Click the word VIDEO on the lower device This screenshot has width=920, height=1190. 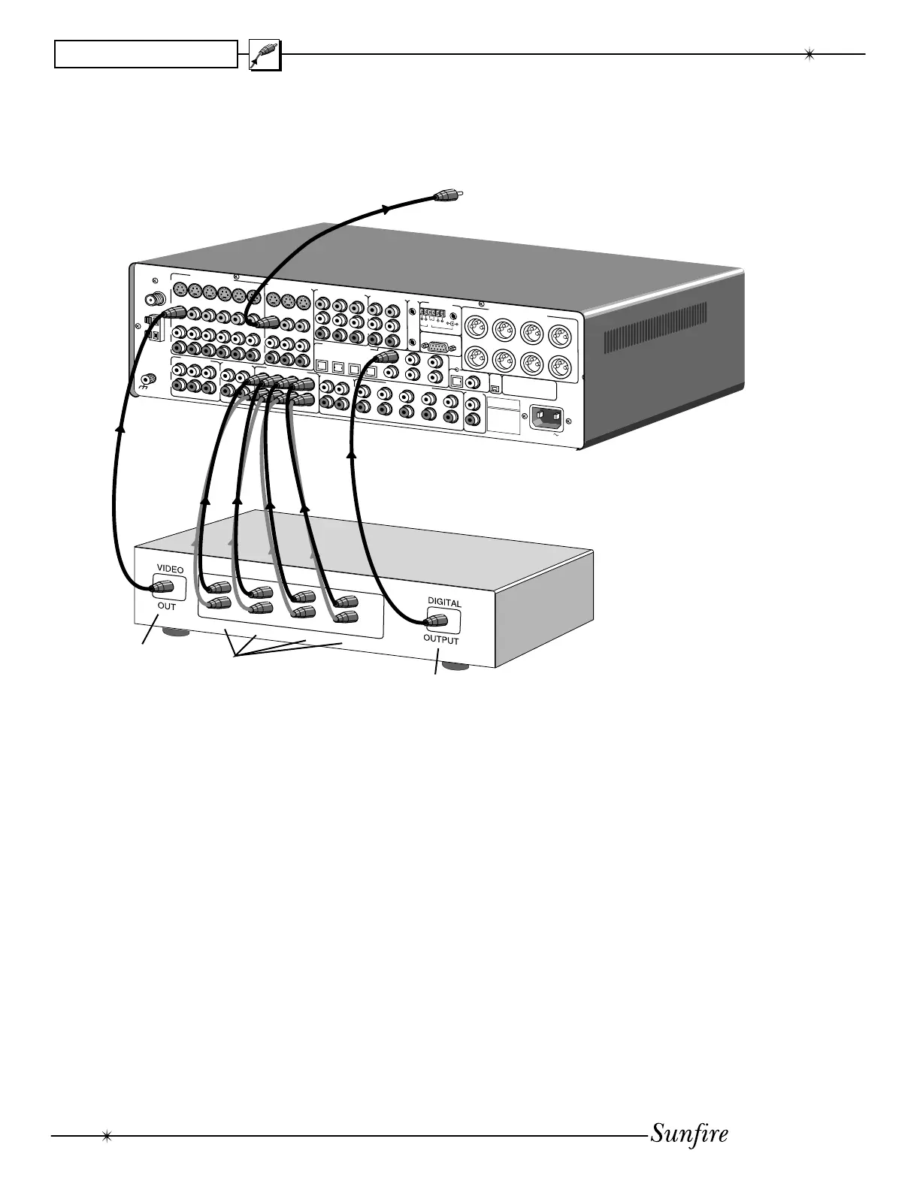pos(169,569)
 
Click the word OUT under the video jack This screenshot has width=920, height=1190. pos(166,606)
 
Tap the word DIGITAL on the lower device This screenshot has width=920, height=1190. pos(444,603)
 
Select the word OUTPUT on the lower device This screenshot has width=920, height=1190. pos(440,640)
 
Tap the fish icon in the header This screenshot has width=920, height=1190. pos(265,55)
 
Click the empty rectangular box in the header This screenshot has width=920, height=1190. pos(146,54)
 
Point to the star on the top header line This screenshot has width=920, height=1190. pos(810,54)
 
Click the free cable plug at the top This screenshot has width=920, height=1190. pos(446,197)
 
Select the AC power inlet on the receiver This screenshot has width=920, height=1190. pos(546,417)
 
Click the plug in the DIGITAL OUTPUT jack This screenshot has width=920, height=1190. pos(437,621)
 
